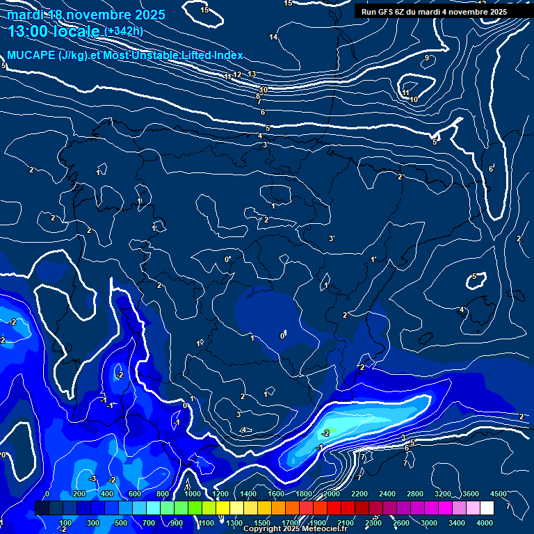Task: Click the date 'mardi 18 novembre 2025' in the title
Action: (86, 14)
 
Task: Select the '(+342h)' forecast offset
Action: (123, 31)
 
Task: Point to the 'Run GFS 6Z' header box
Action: (434, 12)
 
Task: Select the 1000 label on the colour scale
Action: (193, 494)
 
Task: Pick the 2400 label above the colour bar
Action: (387, 494)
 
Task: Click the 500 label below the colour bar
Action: (121, 523)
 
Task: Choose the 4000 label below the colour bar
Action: (485, 523)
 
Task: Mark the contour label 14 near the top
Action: (273, 37)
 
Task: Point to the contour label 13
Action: (252, 74)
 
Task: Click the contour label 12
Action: (237, 74)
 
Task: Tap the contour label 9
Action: (427, 58)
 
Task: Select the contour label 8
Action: (258, 96)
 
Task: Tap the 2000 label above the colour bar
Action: (332, 494)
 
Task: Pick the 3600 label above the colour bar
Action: (471, 494)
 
